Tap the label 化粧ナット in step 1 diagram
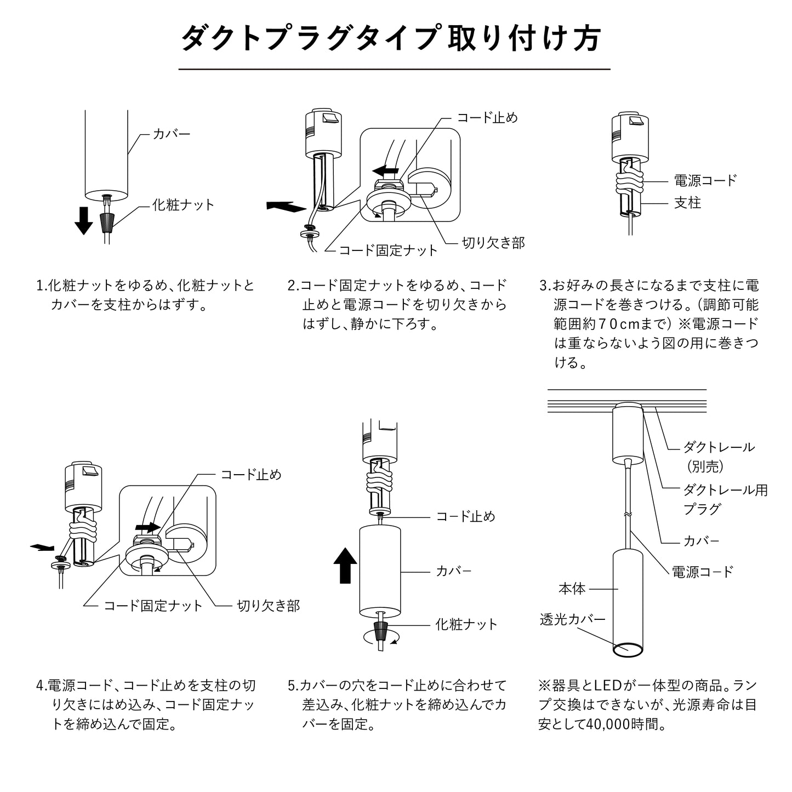[184, 205]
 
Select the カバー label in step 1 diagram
[171, 133]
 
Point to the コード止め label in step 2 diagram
[487, 118]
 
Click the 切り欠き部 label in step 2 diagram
[493, 243]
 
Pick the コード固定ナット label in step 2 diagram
[389, 250]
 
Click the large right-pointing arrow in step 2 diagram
[285, 207]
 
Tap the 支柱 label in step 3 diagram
[687, 203]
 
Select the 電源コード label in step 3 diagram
[705, 180]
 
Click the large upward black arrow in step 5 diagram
[345, 566]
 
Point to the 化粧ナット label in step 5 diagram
[466, 624]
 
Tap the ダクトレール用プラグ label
[725, 499]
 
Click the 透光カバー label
[572, 619]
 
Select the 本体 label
[572, 589]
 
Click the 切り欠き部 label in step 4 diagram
[268, 606]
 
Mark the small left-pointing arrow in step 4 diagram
[43, 546]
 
